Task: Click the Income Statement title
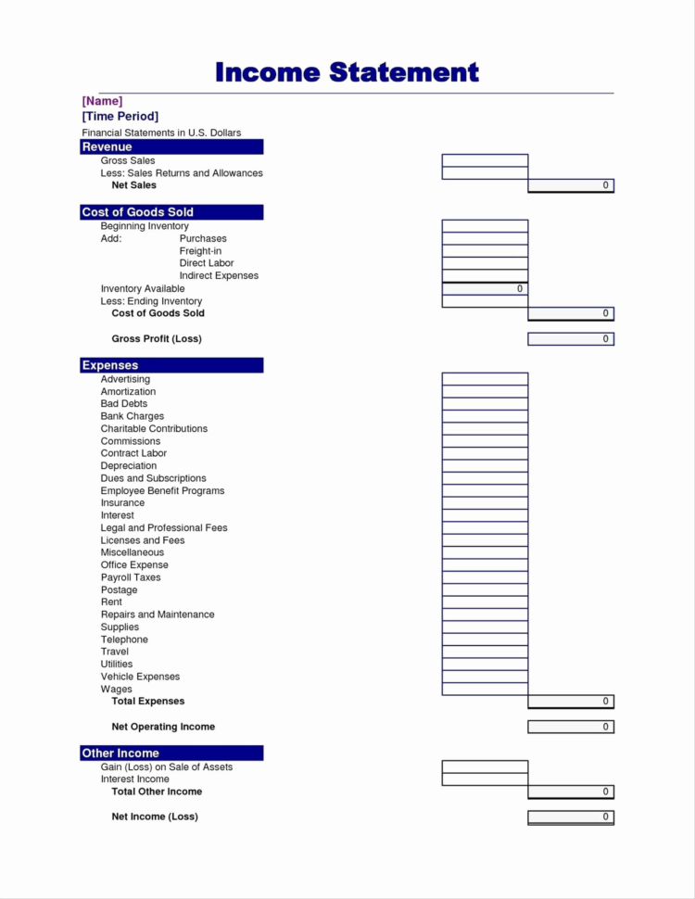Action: pos(347,72)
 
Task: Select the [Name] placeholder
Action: pos(102,100)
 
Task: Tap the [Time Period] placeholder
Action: pos(120,116)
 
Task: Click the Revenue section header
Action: pos(171,146)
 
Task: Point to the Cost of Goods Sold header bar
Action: pos(171,212)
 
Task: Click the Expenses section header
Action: pos(171,365)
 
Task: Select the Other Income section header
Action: pos(171,753)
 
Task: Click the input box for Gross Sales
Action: pos(485,160)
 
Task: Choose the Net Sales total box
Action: pos(571,185)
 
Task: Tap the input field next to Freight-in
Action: pos(485,251)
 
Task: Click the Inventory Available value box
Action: pos(485,289)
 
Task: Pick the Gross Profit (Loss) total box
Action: pos(571,339)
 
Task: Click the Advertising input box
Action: pos(485,379)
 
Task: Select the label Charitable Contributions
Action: pos(154,429)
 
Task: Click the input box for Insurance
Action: pos(485,503)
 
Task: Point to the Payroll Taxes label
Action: pos(131,577)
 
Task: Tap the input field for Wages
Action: pos(485,689)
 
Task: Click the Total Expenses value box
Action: pos(571,702)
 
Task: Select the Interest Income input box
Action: pos(485,779)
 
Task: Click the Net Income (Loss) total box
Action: pos(571,817)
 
